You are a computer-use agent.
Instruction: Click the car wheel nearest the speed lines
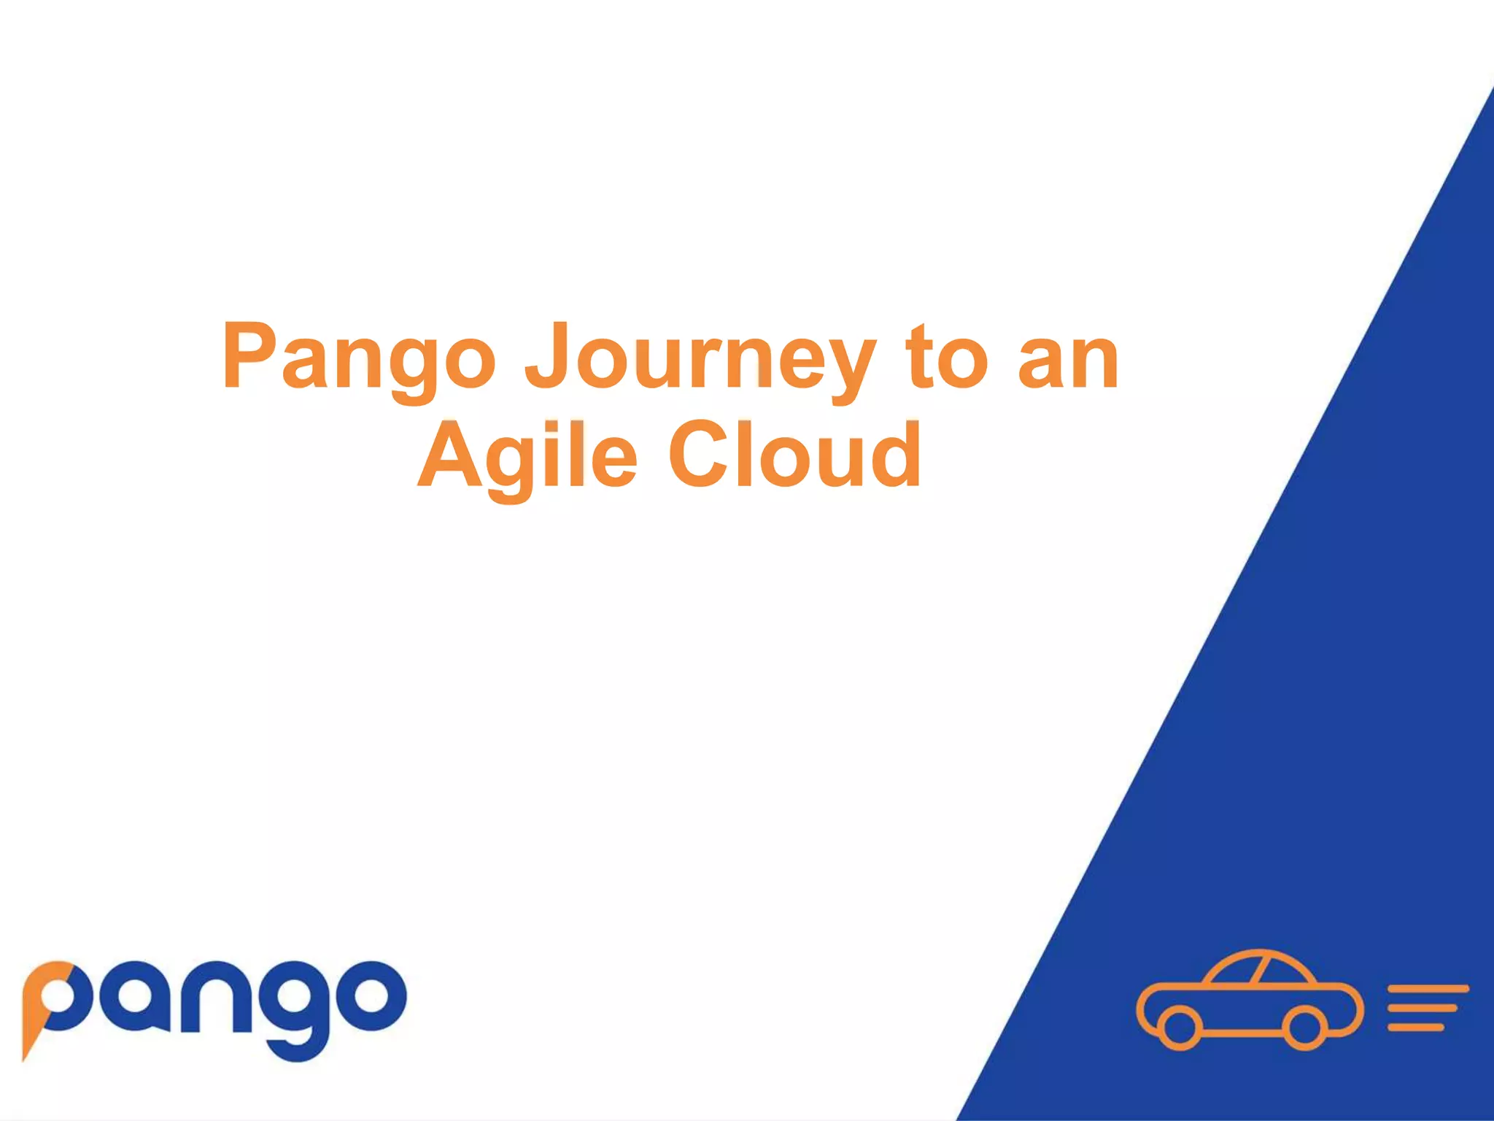(1305, 1027)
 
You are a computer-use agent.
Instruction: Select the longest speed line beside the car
(1428, 989)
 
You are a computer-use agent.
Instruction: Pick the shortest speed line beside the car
(1416, 1028)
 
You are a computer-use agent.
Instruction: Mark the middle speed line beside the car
(1423, 1009)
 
